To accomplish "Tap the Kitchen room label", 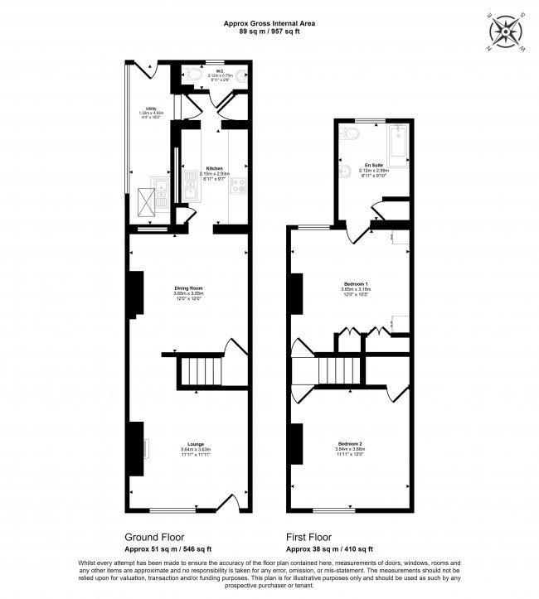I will click(214, 168).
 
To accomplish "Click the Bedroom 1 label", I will click(356, 284).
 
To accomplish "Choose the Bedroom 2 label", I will click(350, 444).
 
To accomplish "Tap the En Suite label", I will click(371, 165).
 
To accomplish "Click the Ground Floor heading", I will click(154, 536).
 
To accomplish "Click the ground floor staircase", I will click(202, 371).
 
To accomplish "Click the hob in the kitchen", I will click(236, 186).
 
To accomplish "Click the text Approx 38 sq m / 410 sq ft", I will click(329, 548).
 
